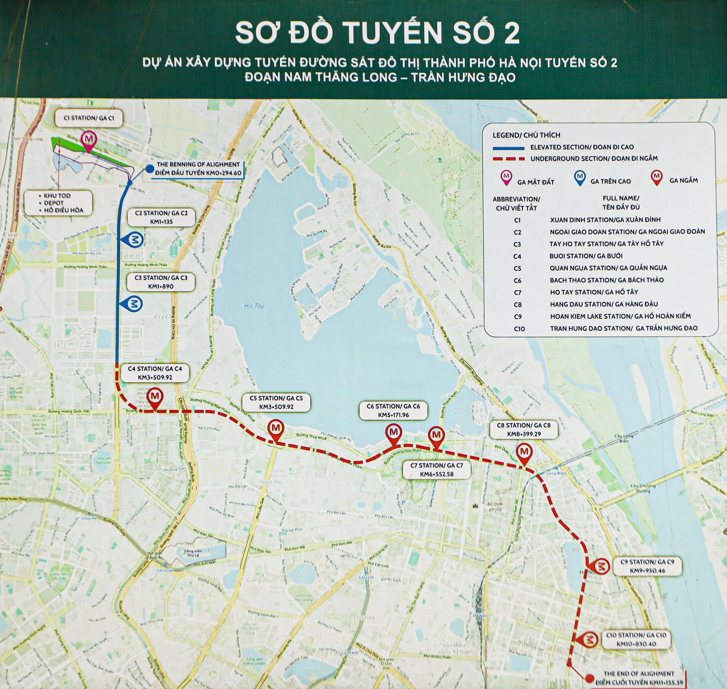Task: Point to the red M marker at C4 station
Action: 154,396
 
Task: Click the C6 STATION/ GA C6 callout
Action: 393,410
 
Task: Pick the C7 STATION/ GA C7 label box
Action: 436,470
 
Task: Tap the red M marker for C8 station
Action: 524,452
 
